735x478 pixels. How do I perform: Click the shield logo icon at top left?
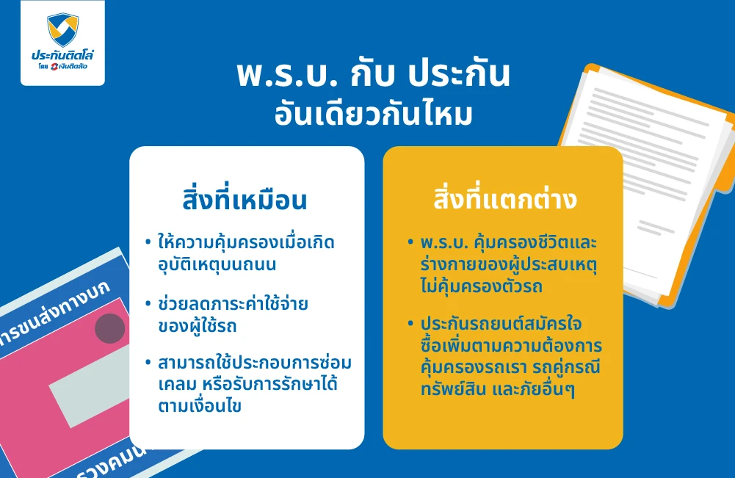tap(62, 29)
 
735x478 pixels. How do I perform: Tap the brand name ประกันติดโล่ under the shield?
tap(62, 55)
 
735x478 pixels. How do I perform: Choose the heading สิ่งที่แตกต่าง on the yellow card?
tap(503, 200)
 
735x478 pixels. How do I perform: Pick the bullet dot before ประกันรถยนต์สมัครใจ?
tap(410, 324)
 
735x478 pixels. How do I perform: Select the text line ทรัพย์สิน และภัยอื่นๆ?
tap(497, 388)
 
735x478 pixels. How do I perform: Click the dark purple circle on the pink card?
tap(110, 328)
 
